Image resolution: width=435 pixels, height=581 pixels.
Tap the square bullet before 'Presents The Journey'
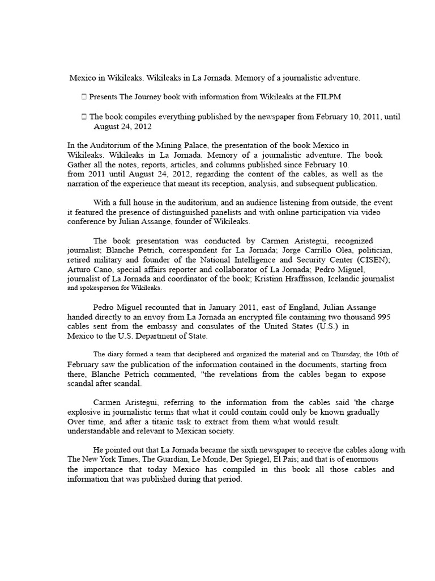tap(84, 97)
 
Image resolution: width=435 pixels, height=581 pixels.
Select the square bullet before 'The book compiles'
tap(84, 117)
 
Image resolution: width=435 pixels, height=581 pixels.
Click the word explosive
tap(83, 412)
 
